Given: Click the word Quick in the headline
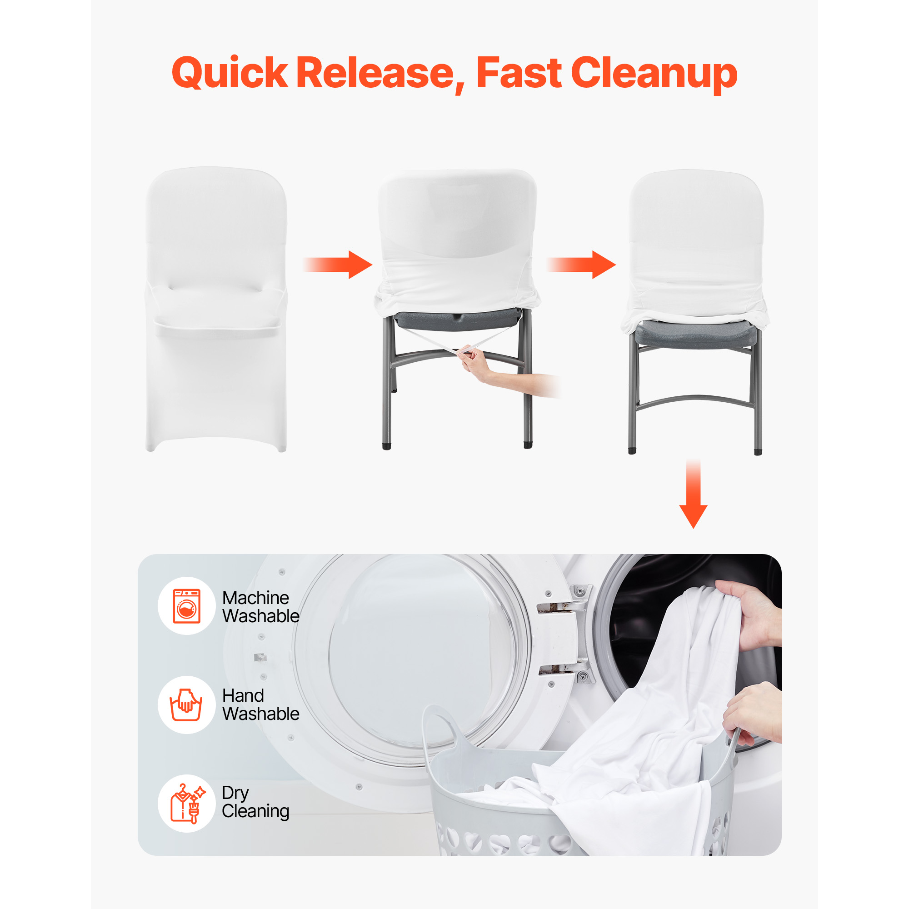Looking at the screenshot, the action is coord(230,73).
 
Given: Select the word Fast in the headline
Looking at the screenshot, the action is coord(519,72).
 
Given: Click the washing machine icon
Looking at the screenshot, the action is coord(187,606).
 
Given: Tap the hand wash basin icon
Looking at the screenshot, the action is coord(186,704).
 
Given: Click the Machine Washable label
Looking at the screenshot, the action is coord(260,606).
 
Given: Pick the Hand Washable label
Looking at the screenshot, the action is coord(260,704).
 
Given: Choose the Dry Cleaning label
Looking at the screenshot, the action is coord(255,803).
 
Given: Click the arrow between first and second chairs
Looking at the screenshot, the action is coord(338,265).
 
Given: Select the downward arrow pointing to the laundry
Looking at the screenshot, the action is coord(693,494).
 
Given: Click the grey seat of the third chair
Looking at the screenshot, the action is coord(695,334).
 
